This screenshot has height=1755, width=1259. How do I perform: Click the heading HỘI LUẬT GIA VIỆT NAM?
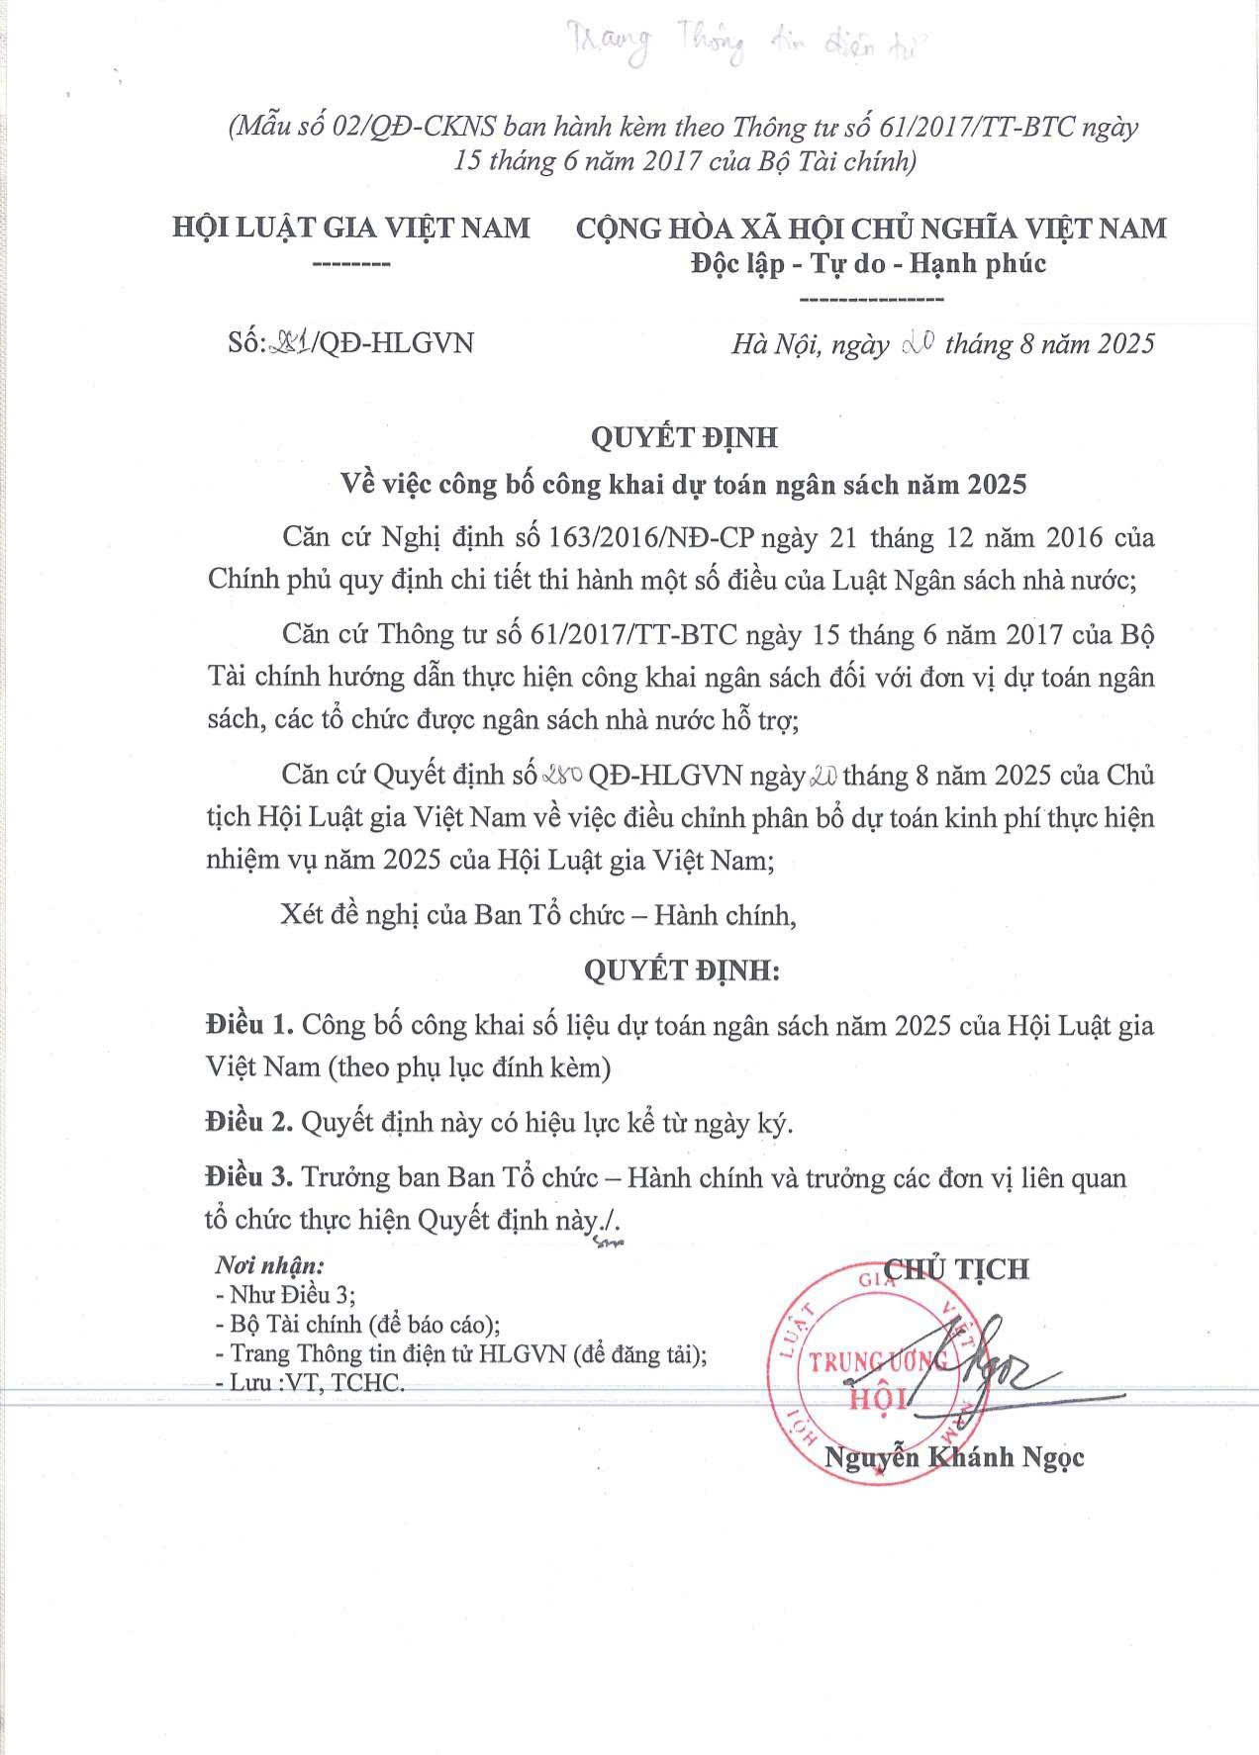pyautogui.click(x=351, y=228)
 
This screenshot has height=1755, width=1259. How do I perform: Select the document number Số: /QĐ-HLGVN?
pyautogui.click(x=350, y=342)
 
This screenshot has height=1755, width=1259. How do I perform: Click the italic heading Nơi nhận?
pyautogui.click(x=270, y=1265)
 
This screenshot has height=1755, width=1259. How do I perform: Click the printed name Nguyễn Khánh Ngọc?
pyautogui.click(x=954, y=1457)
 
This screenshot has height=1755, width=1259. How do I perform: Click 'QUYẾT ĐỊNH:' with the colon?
pyautogui.click(x=682, y=971)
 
